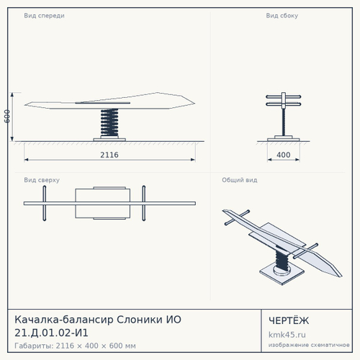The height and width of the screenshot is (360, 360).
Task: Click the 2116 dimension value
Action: (109, 155)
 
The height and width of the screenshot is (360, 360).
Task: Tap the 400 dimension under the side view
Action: (284, 155)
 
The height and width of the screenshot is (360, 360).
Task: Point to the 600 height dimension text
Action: (7, 117)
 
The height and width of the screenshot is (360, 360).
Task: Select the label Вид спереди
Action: (44, 16)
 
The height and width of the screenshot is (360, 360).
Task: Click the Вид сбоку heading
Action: (282, 16)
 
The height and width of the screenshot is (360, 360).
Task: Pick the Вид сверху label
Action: (42, 180)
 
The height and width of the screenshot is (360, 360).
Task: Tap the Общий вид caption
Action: (240, 180)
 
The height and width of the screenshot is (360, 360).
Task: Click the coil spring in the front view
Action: (109, 122)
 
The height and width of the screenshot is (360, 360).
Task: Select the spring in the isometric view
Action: (282, 260)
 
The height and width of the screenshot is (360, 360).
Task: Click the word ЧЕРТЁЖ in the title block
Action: (289, 320)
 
